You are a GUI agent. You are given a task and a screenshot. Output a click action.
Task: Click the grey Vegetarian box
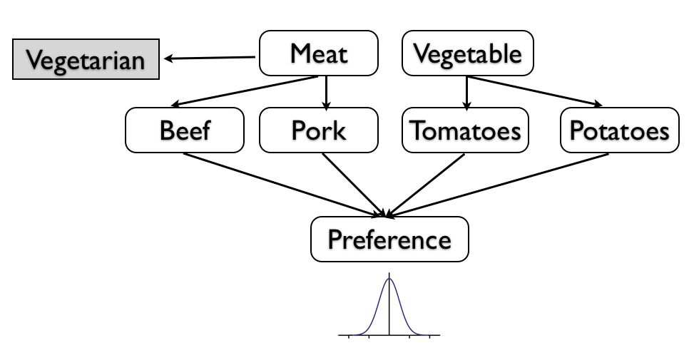[86, 59]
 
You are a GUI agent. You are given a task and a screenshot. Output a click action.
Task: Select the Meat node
[319, 53]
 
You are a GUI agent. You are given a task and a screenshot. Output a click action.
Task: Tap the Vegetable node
[467, 53]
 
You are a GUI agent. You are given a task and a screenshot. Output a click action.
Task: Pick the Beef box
[185, 130]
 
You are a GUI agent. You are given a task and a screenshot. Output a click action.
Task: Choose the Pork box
[318, 130]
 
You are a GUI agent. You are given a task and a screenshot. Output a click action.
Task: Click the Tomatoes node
[466, 130]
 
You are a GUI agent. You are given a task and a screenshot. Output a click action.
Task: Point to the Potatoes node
[619, 130]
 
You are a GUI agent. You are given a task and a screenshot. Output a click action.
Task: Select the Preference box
[389, 240]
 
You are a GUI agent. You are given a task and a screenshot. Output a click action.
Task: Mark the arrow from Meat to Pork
[327, 91]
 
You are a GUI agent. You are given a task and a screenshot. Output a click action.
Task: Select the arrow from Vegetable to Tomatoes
[467, 91]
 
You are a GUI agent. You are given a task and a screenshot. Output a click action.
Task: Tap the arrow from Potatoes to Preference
[499, 184]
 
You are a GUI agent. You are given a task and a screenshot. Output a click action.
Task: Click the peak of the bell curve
[389, 279]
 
